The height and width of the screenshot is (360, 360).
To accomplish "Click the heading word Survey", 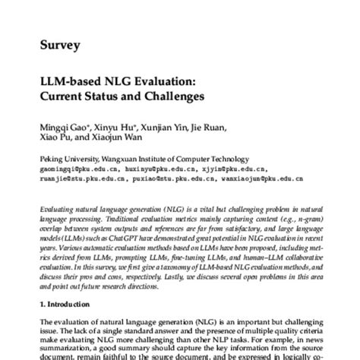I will (59, 45).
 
